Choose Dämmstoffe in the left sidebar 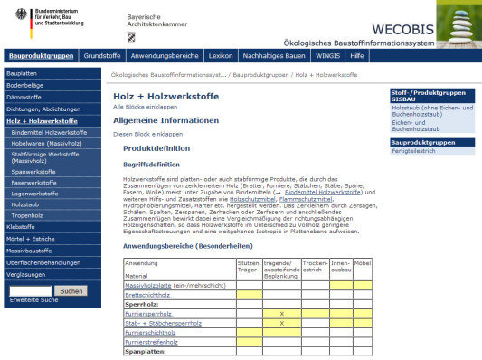tap(24, 96)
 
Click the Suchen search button tap(69, 290)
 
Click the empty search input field tap(28, 290)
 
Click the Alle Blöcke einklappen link tap(147, 106)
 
